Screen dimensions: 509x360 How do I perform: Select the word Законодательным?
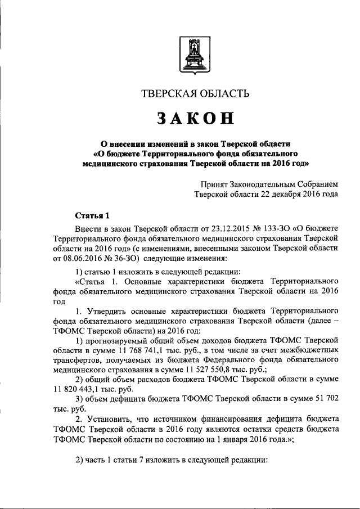265,184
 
